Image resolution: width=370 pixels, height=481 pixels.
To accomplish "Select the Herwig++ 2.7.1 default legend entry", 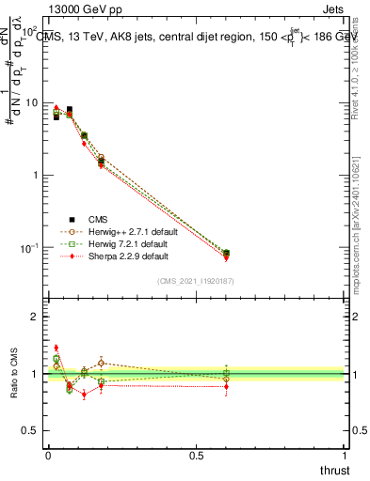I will pyautogui.click(x=126, y=230).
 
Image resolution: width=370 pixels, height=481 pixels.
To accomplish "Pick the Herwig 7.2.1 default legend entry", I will pyautogui.click(x=122, y=242).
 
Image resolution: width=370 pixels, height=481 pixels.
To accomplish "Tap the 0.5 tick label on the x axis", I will pyautogui.click(x=196, y=456).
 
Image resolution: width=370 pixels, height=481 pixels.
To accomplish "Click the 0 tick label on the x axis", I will pyautogui.click(x=48, y=456).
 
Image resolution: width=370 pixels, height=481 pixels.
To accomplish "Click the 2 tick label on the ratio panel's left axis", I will pyautogui.click(x=36, y=317).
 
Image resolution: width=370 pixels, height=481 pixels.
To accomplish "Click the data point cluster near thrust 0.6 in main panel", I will pyautogui.click(x=226, y=254).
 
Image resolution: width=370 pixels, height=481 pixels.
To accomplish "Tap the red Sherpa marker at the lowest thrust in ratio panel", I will pyautogui.click(x=56, y=348).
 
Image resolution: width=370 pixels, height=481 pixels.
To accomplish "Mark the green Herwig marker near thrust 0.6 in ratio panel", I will pyautogui.click(x=226, y=373).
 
